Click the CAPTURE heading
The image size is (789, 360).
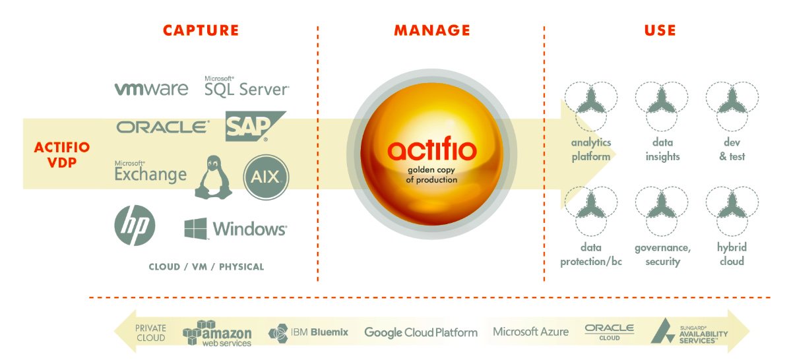click(x=201, y=30)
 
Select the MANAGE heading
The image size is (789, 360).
click(x=432, y=30)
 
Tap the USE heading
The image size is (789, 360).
click(x=660, y=30)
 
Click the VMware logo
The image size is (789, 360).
click(x=151, y=88)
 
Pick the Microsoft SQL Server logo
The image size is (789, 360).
click(x=246, y=86)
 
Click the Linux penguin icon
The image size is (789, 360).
click(x=213, y=177)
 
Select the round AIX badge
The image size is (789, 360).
click(x=266, y=176)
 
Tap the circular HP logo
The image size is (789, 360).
click(x=135, y=225)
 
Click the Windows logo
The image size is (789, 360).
click(x=236, y=229)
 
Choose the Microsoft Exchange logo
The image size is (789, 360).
click(x=150, y=172)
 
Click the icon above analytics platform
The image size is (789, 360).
click(x=590, y=105)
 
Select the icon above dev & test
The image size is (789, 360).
click(x=732, y=105)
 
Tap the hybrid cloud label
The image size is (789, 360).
click(x=731, y=255)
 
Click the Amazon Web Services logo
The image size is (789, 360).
click(x=218, y=333)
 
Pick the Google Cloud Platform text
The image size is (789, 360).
click(x=420, y=332)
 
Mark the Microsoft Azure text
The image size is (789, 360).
click(x=530, y=332)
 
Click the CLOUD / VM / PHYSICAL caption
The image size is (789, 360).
click(x=206, y=267)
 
